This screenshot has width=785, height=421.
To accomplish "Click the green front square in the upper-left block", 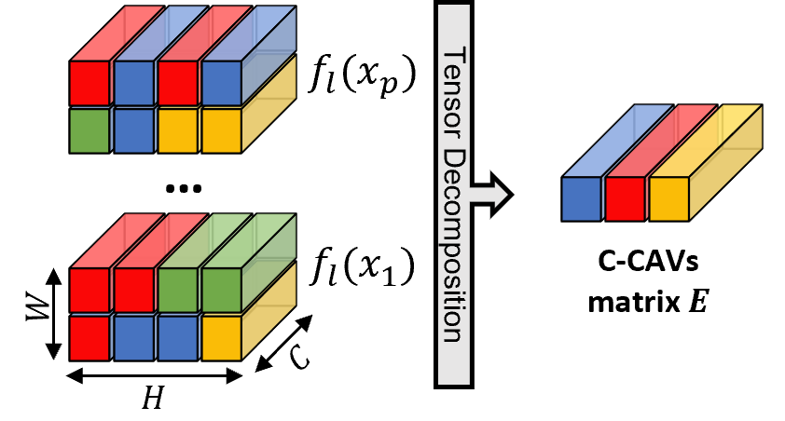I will tap(90, 130).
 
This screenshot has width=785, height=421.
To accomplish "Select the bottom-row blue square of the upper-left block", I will tap(133, 130).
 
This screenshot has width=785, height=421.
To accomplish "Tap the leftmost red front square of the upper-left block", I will tap(90, 83).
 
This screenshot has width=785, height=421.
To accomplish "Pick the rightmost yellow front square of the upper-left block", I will tap(221, 130).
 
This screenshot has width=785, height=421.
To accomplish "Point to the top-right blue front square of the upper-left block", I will tap(221, 83).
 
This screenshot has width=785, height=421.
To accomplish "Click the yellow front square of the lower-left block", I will tap(221, 337).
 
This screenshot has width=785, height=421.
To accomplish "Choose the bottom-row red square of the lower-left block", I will tap(90, 337).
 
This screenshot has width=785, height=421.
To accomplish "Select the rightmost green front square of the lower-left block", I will tap(221, 291).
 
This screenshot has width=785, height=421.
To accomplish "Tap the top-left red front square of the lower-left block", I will tap(90, 291).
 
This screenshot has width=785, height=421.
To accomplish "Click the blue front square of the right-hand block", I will tap(582, 198).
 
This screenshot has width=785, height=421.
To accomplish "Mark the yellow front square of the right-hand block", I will tap(668, 198).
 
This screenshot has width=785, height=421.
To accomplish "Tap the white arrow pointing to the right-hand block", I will tap(489, 195).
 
